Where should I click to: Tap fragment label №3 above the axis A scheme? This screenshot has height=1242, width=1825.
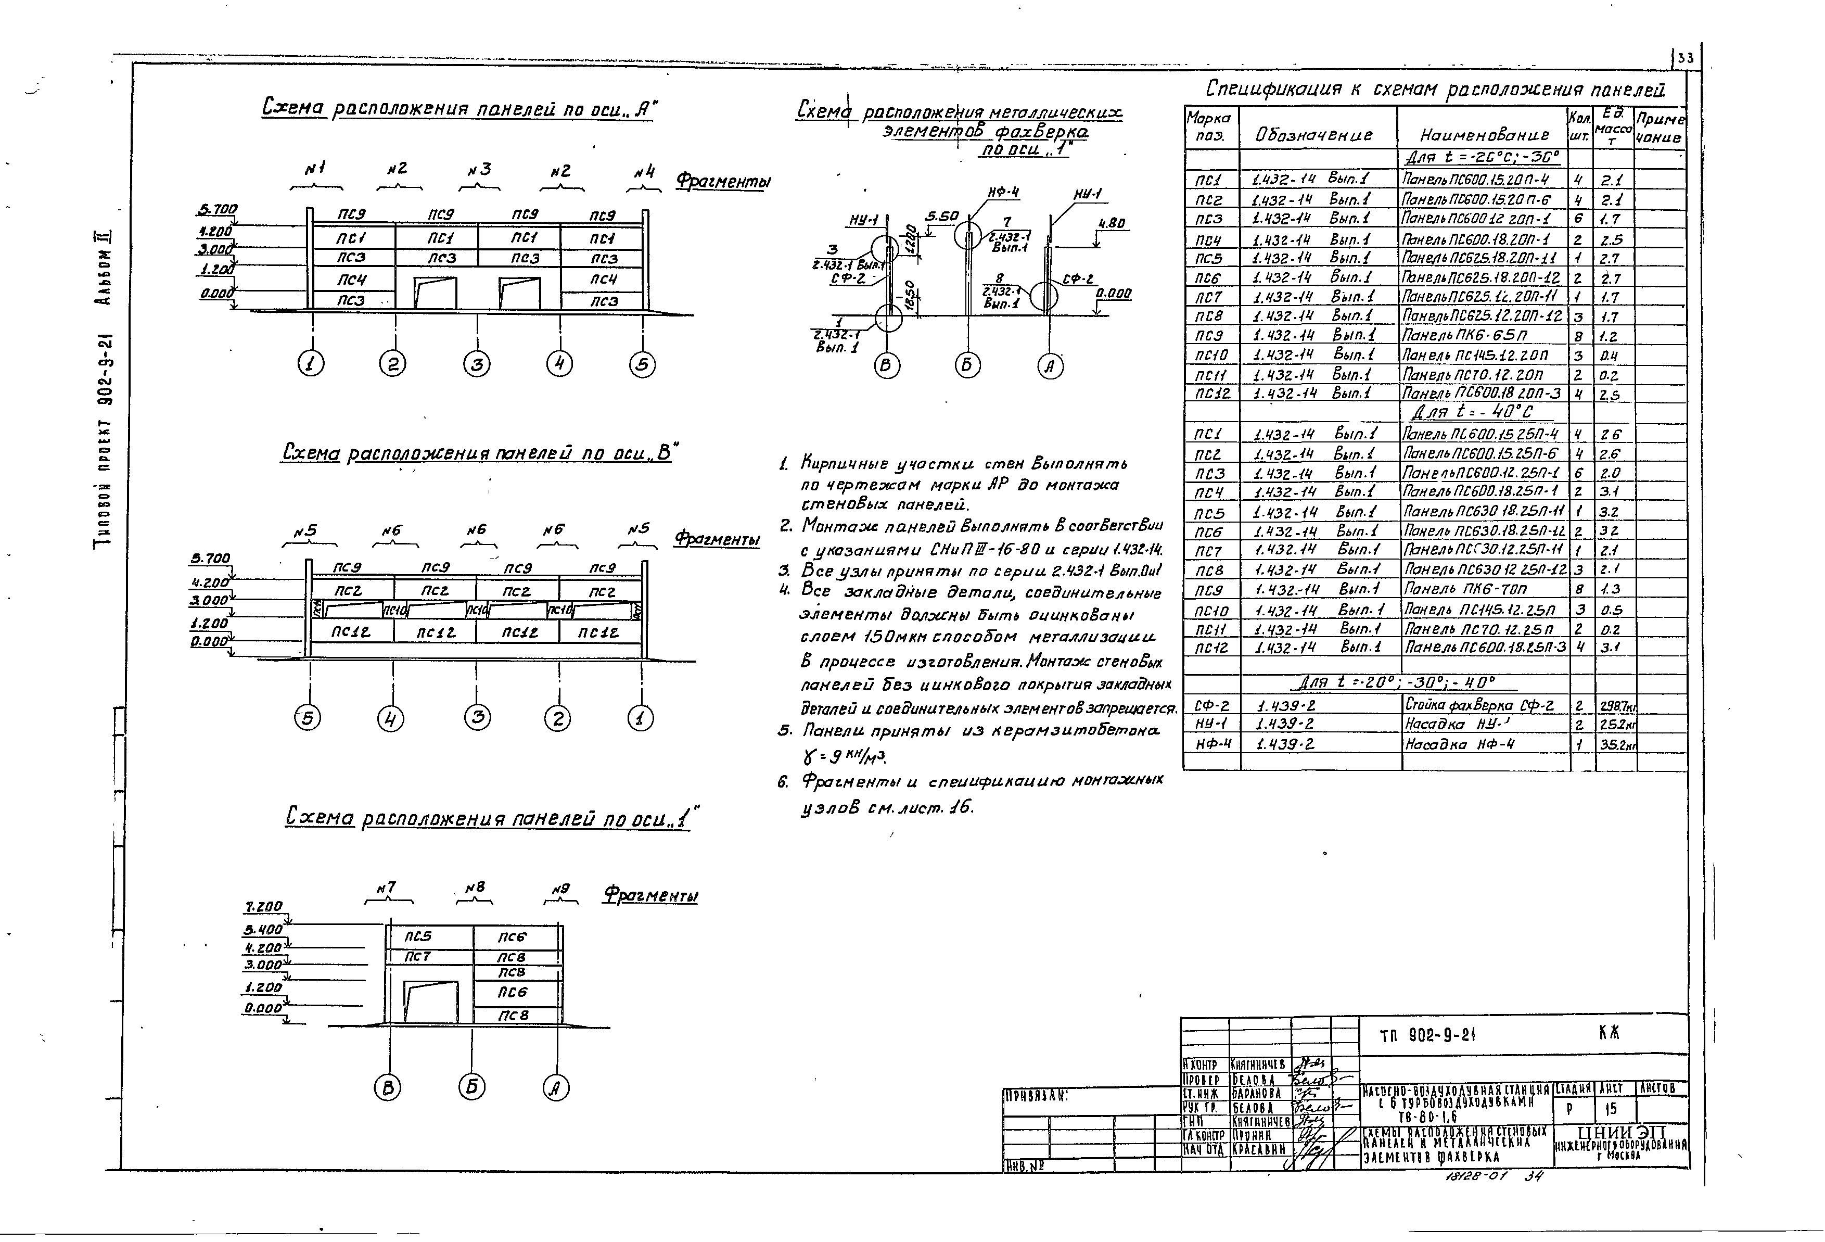[479, 170]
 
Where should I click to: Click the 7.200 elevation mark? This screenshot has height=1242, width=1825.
[264, 907]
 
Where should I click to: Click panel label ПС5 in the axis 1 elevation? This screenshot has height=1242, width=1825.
[418, 936]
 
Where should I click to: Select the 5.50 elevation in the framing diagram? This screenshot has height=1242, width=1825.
[941, 216]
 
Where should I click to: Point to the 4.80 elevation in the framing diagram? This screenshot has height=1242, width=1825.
[1112, 223]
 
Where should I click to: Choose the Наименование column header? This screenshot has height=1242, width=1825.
[1484, 135]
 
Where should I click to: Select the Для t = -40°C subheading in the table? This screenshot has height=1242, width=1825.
[1472, 412]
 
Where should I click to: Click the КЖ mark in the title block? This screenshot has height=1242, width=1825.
[1609, 1034]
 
